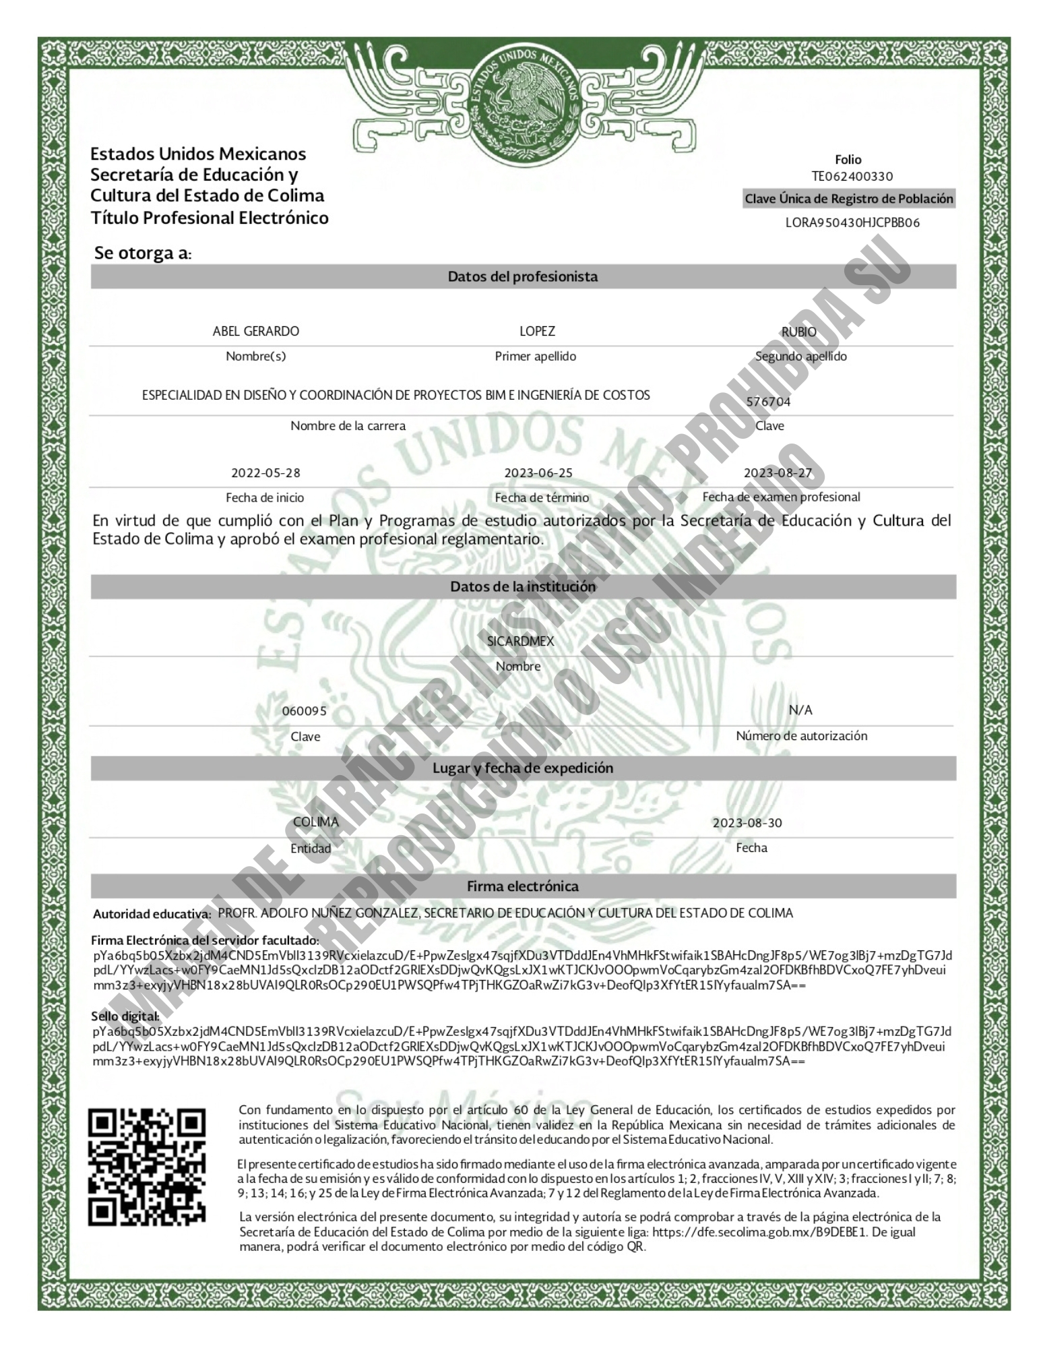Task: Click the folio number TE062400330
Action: click(x=852, y=177)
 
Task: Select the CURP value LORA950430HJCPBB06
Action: click(x=852, y=222)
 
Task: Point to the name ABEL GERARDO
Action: click(x=255, y=331)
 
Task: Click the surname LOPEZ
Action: click(x=537, y=331)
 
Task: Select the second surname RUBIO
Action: click(x=798, y=332)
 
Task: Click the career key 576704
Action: click(x=768, y=402)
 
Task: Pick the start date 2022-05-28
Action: click(x=265, y=472)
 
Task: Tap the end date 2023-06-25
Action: click(x=538, y=472)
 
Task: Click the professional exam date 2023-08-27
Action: click(x=778, y=472)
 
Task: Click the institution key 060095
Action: click(x=304, y=711)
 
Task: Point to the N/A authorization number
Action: click(x=800, y=710)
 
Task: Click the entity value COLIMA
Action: click(x=315, y=822)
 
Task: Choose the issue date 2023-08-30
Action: click(x=747, y=822)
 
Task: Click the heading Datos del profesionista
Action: click(x=523, y=276)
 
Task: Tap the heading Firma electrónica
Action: click(x=523, y=886)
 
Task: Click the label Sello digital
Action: click(x=125, y=1016)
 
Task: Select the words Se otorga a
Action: click(x=142, y=253)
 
